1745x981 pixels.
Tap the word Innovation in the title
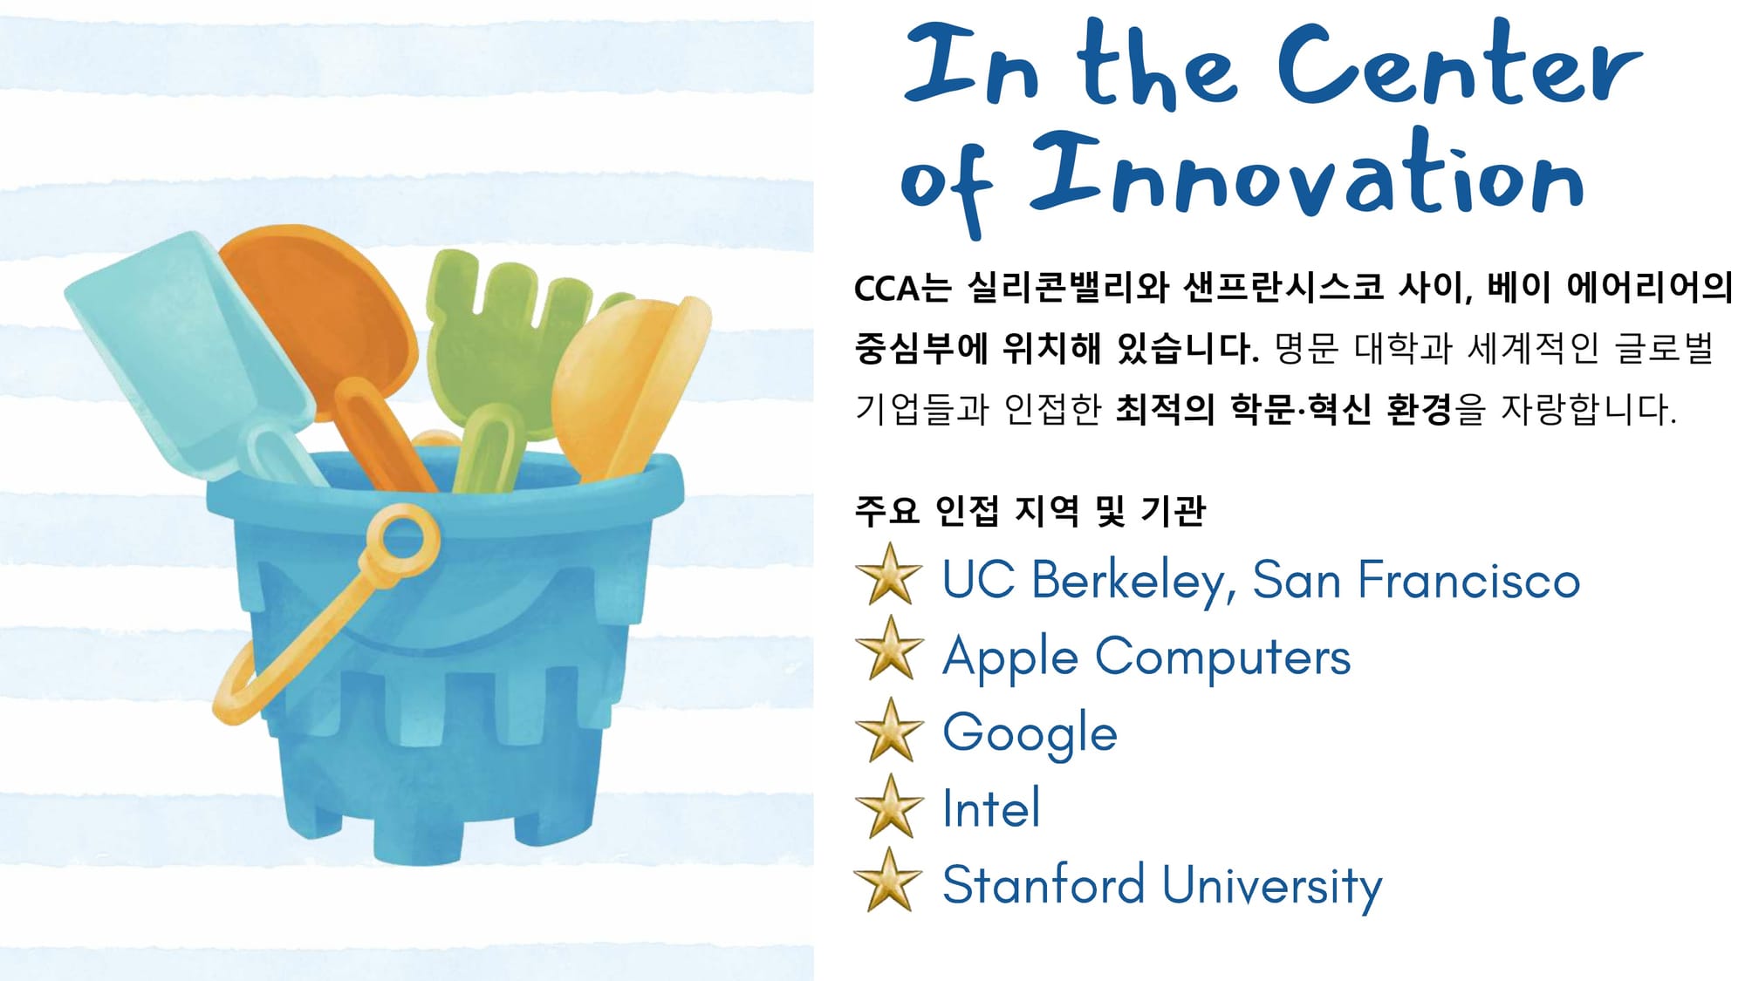tap(1307, 174)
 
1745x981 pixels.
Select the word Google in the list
tap(1030, 733)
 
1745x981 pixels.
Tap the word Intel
tap(991, 807)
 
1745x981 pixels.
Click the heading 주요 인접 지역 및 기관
tap(1030, 511)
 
